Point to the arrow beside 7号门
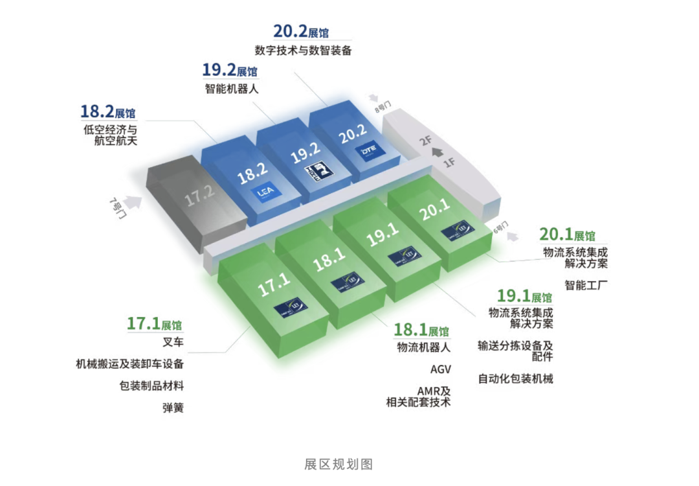click(x=134, y=202)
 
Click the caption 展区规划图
click(x=338, y=465)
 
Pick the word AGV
click(x=440, y=370)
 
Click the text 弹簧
click(x=173, y=408)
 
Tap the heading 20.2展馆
click(x=301, y=31)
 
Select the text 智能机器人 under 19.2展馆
click(x=231, y=89)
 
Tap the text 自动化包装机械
click(x=516, y=378)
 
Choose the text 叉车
click(x=173, y=342)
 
